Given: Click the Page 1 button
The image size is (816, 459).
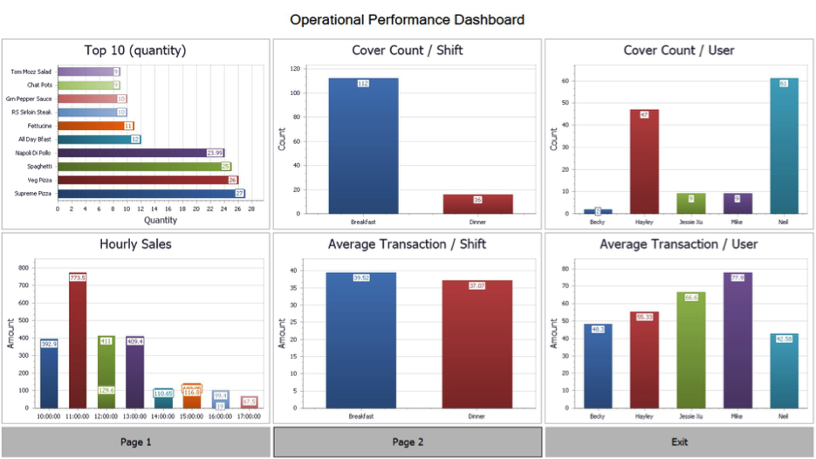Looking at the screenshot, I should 135,442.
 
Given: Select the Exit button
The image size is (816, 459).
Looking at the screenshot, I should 679,442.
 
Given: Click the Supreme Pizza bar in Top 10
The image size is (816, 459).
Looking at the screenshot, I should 148,194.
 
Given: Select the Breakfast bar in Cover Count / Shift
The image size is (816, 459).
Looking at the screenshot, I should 363,146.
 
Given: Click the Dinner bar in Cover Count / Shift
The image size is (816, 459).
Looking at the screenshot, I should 477,203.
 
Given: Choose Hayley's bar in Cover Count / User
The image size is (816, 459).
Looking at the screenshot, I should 644,161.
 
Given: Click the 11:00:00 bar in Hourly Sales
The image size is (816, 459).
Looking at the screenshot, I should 78,340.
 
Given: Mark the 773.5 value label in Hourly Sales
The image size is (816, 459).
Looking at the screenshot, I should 78,277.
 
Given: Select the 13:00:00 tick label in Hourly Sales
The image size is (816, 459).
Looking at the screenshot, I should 134,417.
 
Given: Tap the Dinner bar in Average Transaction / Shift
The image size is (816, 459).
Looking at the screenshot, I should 477,344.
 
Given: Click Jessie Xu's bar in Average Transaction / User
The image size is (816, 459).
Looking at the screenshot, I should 690,350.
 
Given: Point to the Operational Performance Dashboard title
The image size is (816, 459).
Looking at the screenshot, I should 408,19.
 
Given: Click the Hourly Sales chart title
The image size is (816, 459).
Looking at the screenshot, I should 135,244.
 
